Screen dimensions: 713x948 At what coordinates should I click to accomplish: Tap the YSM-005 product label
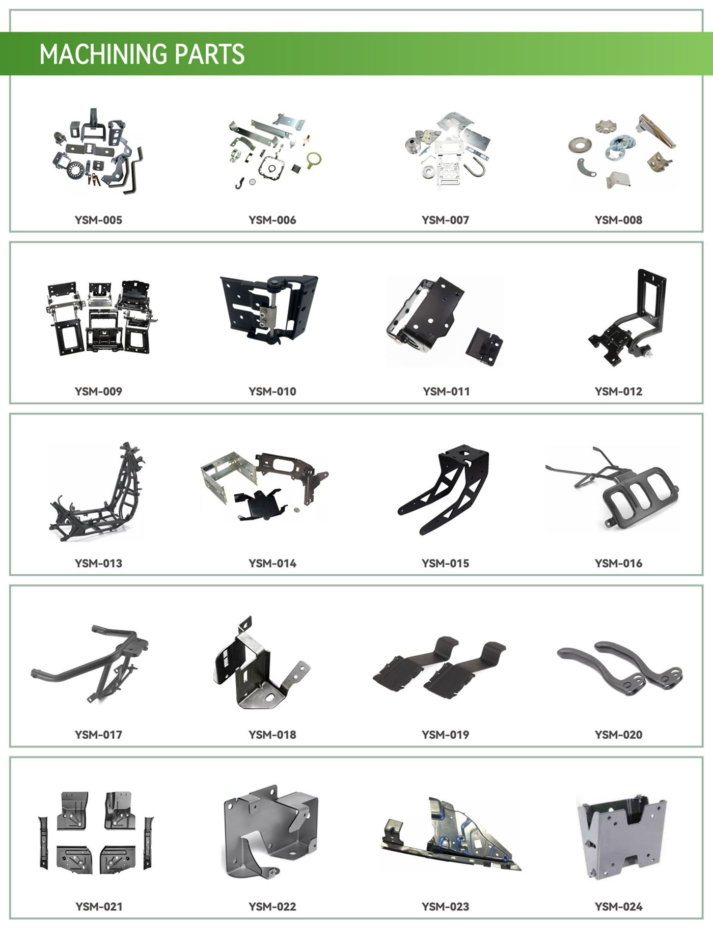[98, 220]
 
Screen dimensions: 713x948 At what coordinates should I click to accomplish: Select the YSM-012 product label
[618, 392]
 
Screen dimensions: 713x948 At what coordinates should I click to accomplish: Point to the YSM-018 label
[272, 735]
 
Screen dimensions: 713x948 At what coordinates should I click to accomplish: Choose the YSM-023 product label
[445, 906]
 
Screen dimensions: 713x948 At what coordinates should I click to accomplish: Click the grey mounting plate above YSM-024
[622, 839]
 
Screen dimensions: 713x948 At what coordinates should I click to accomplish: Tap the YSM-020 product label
[618, 735]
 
